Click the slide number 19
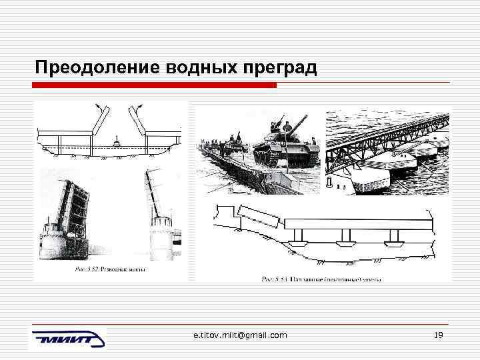click(438, 335)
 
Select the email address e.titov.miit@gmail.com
click(236, 335)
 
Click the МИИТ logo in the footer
click(67, 339)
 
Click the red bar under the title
click(155, 85)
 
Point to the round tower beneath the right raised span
click(160, 240)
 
